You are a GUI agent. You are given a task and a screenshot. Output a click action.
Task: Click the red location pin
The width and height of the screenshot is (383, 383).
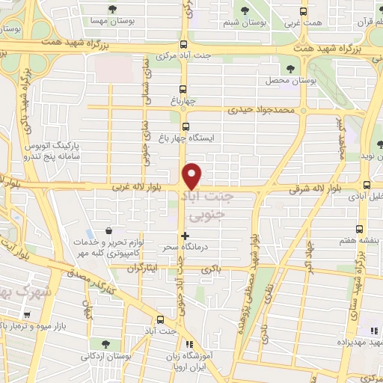[193, 175]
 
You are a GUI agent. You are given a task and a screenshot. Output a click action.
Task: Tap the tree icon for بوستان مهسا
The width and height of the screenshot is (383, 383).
[111, 10]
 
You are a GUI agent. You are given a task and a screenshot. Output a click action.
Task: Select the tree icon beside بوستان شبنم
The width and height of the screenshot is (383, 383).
[245, 10]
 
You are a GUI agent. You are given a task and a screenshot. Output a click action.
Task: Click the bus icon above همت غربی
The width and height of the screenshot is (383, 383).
[302, 11]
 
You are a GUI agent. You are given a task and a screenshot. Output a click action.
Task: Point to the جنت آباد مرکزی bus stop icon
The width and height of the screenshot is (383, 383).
[184, 44]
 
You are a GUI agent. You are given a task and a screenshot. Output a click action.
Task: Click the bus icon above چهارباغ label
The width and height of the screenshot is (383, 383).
[184, 88]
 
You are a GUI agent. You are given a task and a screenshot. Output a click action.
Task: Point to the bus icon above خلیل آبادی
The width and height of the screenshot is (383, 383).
[366, 185]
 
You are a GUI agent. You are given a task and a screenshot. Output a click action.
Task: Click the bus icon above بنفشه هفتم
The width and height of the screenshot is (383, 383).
[359, 229]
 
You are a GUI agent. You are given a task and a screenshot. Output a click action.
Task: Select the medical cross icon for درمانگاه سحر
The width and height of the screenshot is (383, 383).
[185, 236]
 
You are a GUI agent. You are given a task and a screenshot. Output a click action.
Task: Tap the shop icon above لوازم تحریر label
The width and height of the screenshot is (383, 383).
[110, 231]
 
